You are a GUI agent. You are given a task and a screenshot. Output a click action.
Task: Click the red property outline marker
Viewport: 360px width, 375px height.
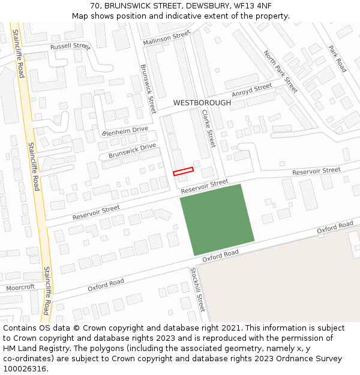tap(184, 171)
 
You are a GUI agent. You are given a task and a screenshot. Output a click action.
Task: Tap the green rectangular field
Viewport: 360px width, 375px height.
tap(217, 220)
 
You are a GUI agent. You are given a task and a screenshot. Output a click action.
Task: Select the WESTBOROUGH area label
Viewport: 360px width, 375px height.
tap(202, 103)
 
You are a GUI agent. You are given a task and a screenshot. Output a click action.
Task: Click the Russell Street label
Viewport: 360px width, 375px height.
tap(70, 46)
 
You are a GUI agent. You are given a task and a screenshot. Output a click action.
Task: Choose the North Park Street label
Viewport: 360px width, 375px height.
tap(280, 71)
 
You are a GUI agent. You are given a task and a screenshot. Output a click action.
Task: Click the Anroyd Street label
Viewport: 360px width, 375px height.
tap(252, 90)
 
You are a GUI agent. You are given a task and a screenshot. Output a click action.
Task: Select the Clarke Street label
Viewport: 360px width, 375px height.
tap(208, 128)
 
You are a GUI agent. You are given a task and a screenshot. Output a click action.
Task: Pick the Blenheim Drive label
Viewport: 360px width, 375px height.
tap(125, 131)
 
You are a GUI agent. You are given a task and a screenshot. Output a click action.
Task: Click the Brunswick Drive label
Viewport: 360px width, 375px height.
tap(132, 151)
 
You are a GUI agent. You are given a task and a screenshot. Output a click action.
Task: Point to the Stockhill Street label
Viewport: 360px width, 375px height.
tap(197, 289)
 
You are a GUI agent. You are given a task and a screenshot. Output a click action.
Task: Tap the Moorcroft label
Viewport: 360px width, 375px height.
tap(20, 287)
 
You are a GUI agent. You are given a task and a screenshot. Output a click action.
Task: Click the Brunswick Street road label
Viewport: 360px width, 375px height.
tap(148, 85)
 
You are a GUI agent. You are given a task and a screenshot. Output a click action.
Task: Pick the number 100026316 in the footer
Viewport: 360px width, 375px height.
tap(25, 368)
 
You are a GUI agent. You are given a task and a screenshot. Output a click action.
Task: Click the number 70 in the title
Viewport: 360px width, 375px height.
tap(95, 5)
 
